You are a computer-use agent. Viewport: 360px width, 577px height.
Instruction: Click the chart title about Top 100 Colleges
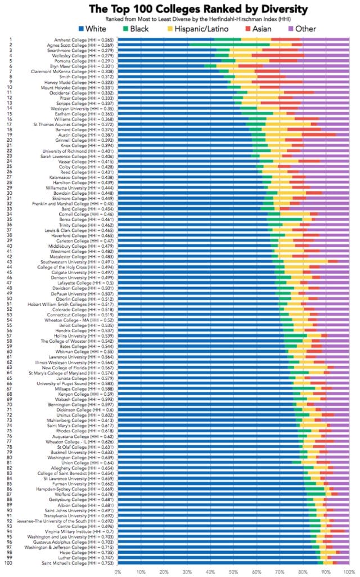point(180,9)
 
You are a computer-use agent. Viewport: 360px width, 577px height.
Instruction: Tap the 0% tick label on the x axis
point(118,572)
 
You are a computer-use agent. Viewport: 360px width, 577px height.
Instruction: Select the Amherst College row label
point(82,40)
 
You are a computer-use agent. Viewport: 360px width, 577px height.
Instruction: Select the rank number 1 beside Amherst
point(11,40)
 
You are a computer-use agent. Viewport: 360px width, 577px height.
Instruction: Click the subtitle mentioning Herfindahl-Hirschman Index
point(180,19)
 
